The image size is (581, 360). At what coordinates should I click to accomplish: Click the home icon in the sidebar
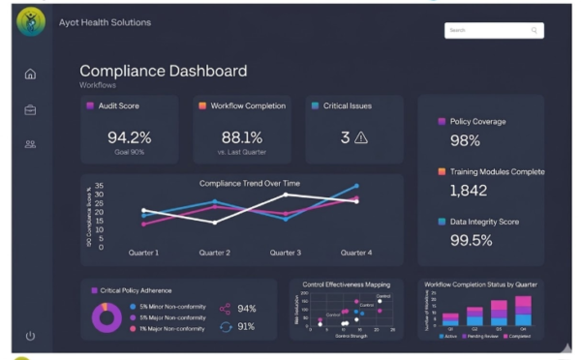tap(30, 75)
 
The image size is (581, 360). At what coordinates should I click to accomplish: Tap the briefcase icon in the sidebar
tap(30, 109)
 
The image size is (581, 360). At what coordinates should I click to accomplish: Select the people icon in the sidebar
tap(30, 144)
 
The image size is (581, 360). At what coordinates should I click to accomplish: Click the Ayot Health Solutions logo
tap(31, 22)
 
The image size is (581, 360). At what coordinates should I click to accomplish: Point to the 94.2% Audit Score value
tap(129, 137)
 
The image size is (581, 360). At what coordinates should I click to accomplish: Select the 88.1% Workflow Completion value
tap(241, 137)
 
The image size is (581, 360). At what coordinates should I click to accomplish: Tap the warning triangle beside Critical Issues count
tap(361, 137)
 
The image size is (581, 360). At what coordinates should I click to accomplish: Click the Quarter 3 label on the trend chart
tap(285, 254)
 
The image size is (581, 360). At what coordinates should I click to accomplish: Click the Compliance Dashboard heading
tap(163, 71)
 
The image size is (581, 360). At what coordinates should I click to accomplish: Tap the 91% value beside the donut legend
tap(247, 326)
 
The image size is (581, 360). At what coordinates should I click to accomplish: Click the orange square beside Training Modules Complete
tap(442, 172)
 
